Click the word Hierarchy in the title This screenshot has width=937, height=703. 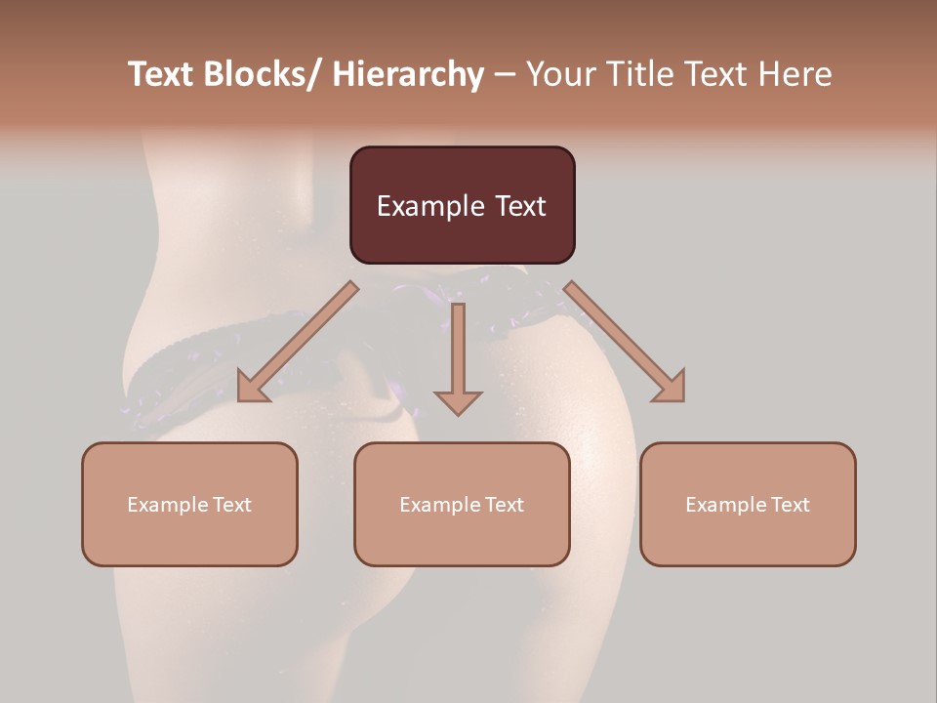click(408, 74)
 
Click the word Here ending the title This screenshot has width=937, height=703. click(795, 74)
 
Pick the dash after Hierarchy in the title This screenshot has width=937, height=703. click(505, 76)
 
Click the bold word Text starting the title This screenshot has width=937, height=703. click(162, 74)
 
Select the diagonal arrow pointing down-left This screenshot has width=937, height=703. click(298, 342)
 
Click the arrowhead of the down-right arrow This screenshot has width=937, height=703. click(670, 387)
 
